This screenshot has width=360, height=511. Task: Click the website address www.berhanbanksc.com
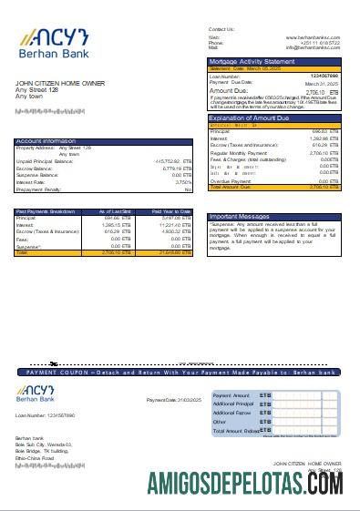[314, 37]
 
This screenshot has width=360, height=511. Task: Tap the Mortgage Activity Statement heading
[245, 60]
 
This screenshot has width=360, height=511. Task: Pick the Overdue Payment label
[227, 180]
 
